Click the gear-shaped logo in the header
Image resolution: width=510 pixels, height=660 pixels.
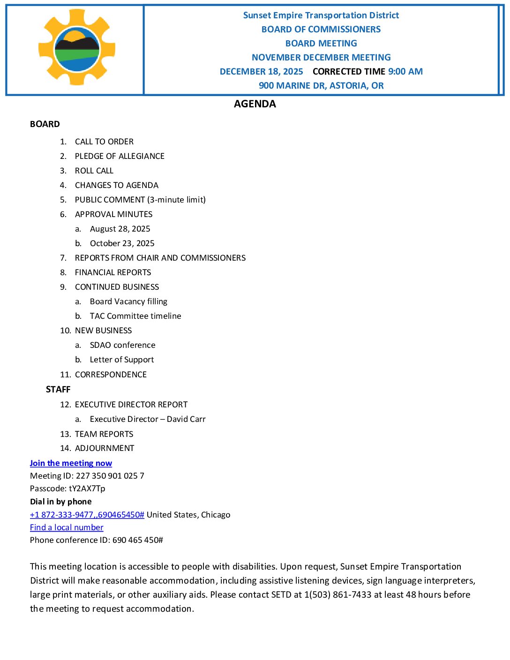pos(77,47)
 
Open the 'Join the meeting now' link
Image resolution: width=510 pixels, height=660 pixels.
pos(71,463)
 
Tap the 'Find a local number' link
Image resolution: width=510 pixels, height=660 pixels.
pos(67,527)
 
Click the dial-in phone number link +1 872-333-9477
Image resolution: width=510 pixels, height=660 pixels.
pos(87,515)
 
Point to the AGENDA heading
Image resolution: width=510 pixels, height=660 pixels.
pos(255,104)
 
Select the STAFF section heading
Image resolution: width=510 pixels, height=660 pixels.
pos(58,390)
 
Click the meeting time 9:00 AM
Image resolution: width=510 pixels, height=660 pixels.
pos(405,72)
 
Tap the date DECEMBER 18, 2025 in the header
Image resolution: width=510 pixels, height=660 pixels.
pos(262,72)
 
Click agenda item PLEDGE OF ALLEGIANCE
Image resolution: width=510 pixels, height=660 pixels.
pos(120,156)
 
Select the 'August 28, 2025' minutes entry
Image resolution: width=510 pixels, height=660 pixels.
pos(120,229)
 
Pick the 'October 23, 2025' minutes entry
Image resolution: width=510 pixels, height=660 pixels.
pos(122,243)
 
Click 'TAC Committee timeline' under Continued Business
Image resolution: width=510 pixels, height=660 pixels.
pos(135,316)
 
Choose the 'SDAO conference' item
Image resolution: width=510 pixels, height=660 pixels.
pos(122,345)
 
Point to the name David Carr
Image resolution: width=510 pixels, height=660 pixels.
pos(186,419)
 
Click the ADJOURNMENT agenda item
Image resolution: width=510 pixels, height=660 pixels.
pos(105,448)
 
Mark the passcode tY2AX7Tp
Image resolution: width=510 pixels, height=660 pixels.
pos(87,488)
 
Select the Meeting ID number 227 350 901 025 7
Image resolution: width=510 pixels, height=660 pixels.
pos(110,476)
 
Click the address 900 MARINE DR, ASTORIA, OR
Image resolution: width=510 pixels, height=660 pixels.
pos(321,86)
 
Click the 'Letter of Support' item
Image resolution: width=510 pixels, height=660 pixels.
pos(122,360)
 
